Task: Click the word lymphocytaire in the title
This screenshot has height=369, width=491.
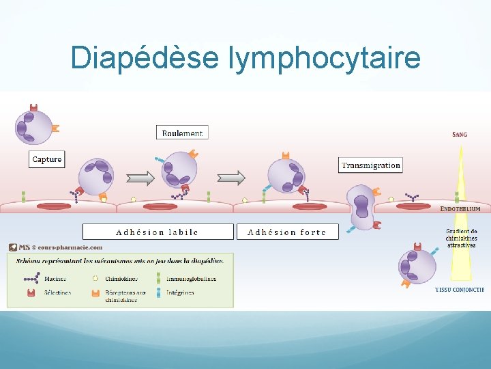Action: tap(325, 59)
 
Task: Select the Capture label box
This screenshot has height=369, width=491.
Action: tap(47, 159)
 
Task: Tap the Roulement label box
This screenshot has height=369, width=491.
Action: tap(182, 133)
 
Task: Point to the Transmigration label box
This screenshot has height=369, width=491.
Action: tap(371, 165)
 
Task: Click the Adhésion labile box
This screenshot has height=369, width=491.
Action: tap(158, 232)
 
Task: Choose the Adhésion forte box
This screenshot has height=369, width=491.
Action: tap(287, 232)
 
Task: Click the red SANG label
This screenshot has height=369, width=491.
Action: tap(460, 135)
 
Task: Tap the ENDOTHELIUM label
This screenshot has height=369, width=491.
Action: tap(460, 208)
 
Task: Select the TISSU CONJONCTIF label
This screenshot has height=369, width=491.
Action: tap(460, 290)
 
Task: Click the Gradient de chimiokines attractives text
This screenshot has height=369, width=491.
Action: tap(461, 238)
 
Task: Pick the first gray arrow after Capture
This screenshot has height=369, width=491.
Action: tap(140, 178)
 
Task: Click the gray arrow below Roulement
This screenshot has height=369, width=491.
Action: tap(231, 178)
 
